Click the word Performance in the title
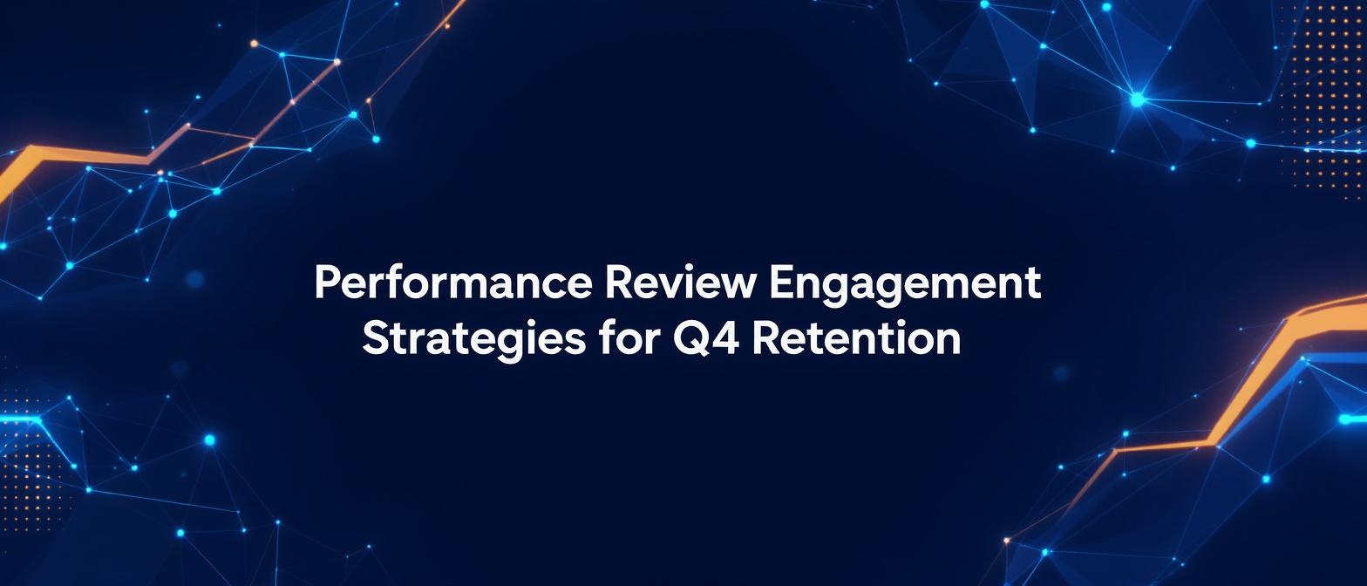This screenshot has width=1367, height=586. click(x=452, y=283)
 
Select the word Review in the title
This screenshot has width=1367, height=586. click(x=677, y=283)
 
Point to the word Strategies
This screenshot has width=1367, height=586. click(x=473, y=341)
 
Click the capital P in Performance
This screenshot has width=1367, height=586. click(x=327, y=283)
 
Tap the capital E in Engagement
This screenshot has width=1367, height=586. click(x=781, y=283)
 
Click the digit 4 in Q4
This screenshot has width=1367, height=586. click(x=726, y=338)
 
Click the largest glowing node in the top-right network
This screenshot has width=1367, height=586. click(x=1137, y=99)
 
